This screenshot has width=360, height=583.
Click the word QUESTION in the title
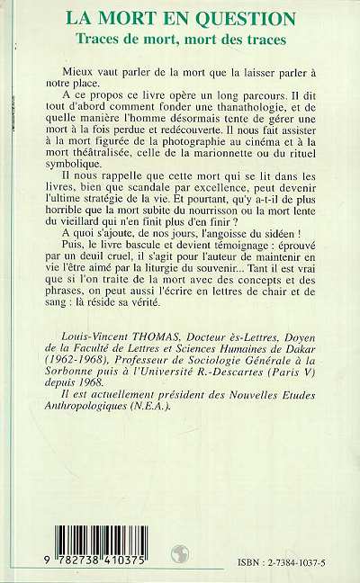pos(247,17)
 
